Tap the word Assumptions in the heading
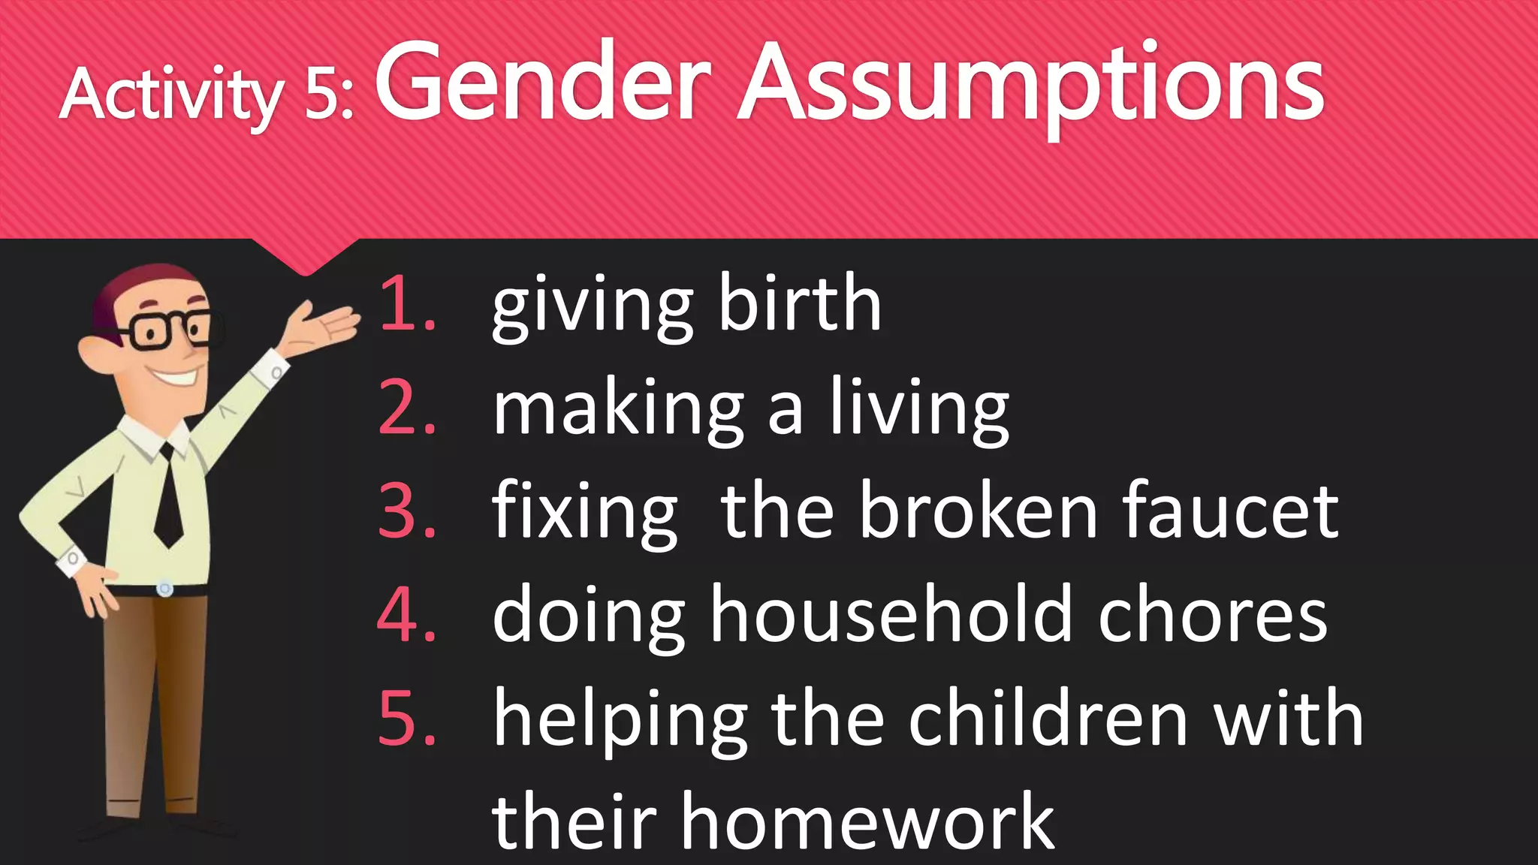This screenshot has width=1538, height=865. point(1030,84)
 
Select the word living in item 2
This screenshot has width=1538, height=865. point(919,409)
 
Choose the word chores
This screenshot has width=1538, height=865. point(1212,615)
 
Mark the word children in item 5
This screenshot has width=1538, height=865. point(1048,719)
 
